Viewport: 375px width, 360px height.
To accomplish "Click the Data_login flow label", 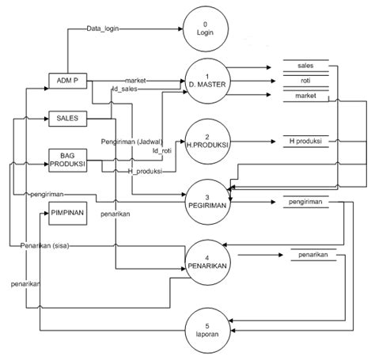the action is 103,28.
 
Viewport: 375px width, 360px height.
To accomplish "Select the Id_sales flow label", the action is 125,89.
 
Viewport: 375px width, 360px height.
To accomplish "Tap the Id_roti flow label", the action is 162,150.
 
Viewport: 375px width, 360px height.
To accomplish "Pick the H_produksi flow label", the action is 145,172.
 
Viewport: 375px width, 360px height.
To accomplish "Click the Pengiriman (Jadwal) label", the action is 132,142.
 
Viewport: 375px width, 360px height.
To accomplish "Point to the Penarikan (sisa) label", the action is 45,246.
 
